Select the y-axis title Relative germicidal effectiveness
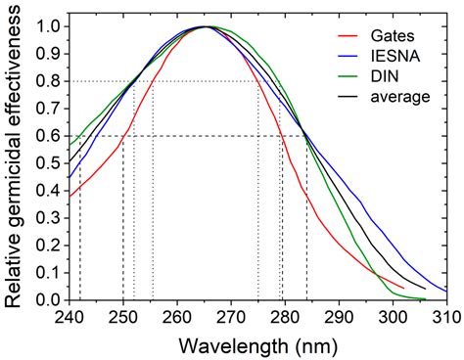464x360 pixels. point(15,161)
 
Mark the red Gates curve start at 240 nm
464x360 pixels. point(70,196)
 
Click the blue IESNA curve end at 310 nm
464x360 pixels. point(446,290)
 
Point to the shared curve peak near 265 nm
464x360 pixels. point(205,26)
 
